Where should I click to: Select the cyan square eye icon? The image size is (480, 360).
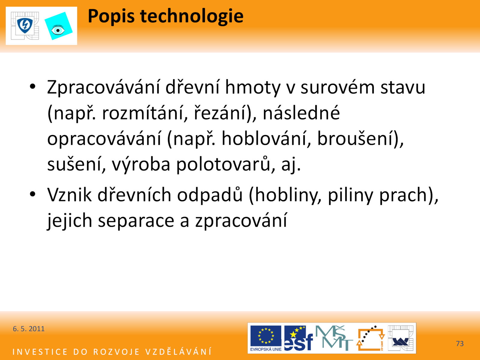point(58,26)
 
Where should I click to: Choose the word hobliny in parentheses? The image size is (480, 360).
point(285,195)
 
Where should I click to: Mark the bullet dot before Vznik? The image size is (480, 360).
point(33,194)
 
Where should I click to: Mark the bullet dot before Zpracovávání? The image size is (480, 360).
point(33,87)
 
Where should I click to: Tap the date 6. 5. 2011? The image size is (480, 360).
point(28,329)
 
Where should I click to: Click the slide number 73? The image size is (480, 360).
point(460,343)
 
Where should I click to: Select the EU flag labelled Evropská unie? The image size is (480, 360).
point(266,338)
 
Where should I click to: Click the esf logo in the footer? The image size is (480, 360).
point(298,338)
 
